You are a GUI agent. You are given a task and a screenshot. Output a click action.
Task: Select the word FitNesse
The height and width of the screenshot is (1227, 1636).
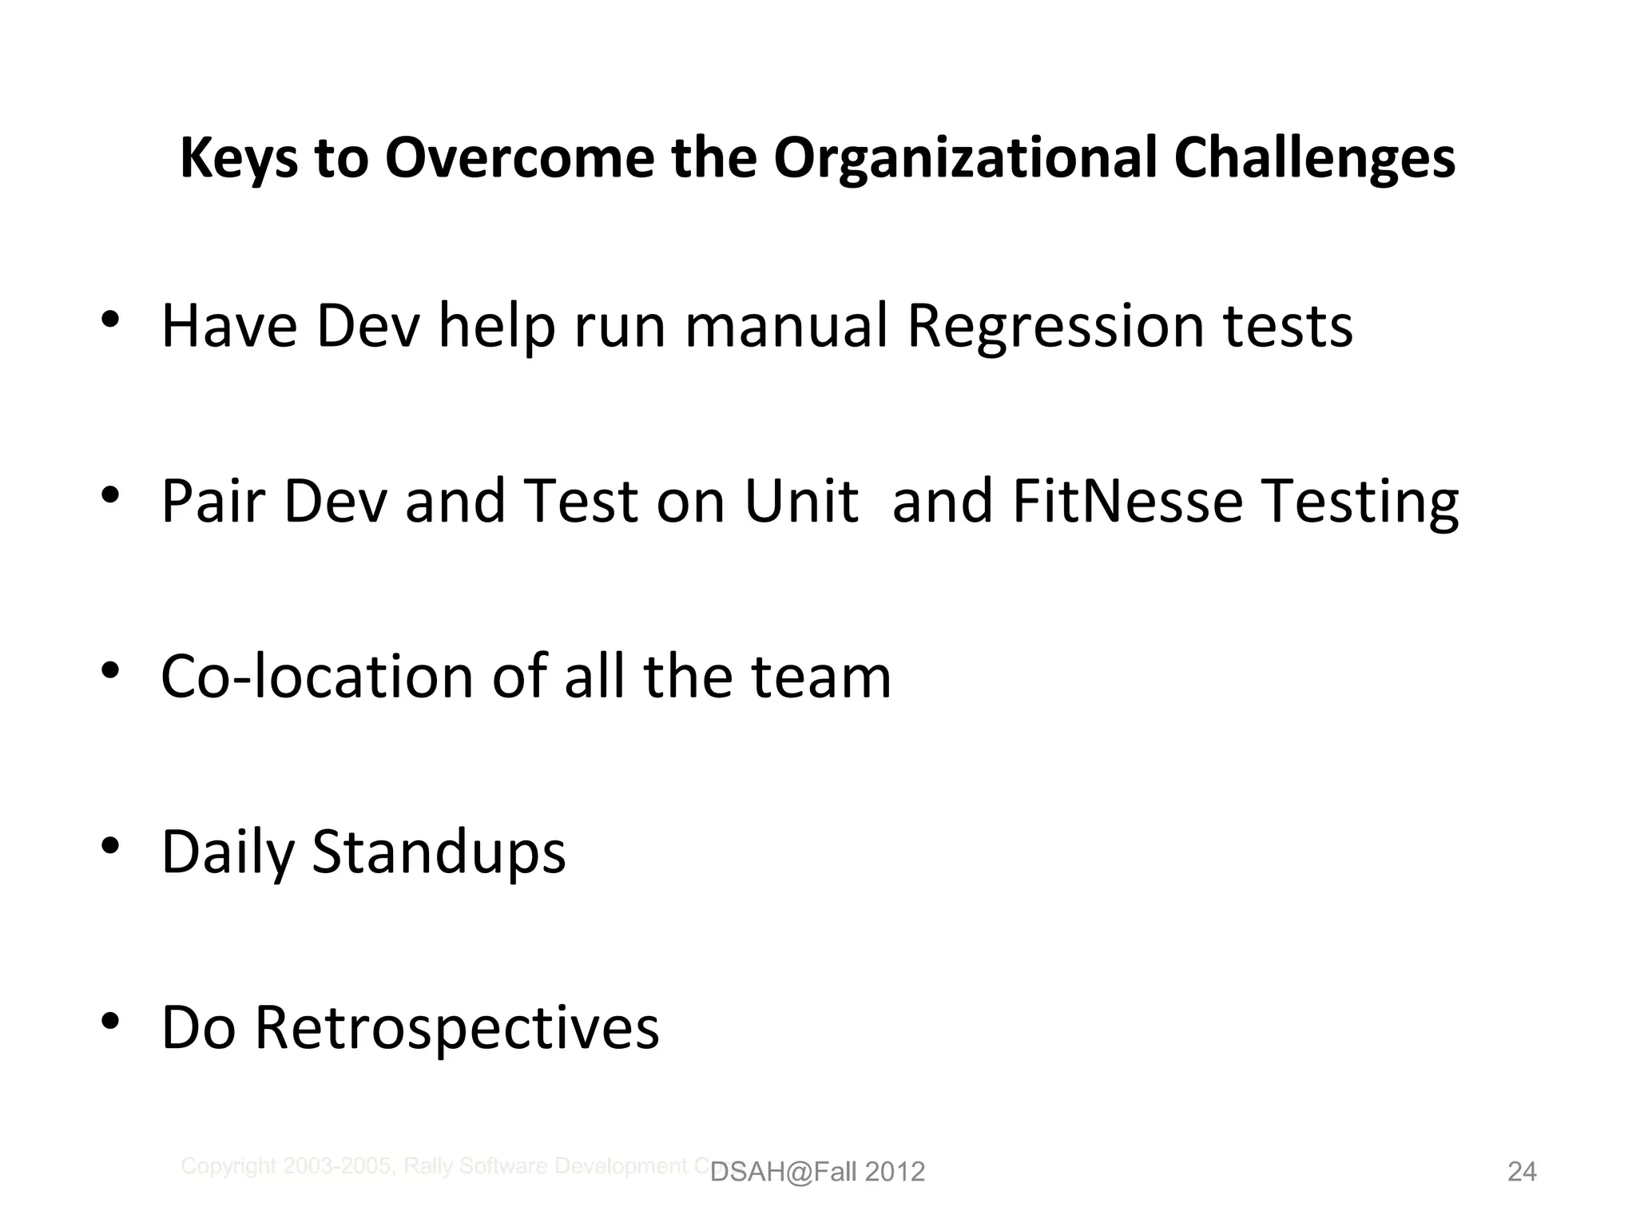point(1127,502)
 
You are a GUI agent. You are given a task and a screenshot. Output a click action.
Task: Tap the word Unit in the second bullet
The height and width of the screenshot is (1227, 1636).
point(800,502)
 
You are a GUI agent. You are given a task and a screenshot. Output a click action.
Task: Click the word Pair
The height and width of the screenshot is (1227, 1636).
point(213,502)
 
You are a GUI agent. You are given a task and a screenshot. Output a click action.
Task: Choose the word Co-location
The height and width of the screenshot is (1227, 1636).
point(317,677)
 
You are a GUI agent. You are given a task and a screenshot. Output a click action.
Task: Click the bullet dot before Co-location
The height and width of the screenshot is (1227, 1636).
point(110,669)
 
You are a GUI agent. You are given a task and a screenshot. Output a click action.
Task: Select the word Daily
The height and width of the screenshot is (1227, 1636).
point(228,853)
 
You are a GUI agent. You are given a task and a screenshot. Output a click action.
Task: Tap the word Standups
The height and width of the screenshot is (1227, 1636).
point(439,853)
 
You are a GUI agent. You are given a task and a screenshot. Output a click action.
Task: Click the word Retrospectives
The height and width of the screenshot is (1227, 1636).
point(457,1028)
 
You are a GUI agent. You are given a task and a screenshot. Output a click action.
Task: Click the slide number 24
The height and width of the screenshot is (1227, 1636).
point(1521,1172)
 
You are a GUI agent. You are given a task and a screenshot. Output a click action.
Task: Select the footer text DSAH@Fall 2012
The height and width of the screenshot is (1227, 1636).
point(817,1172)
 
